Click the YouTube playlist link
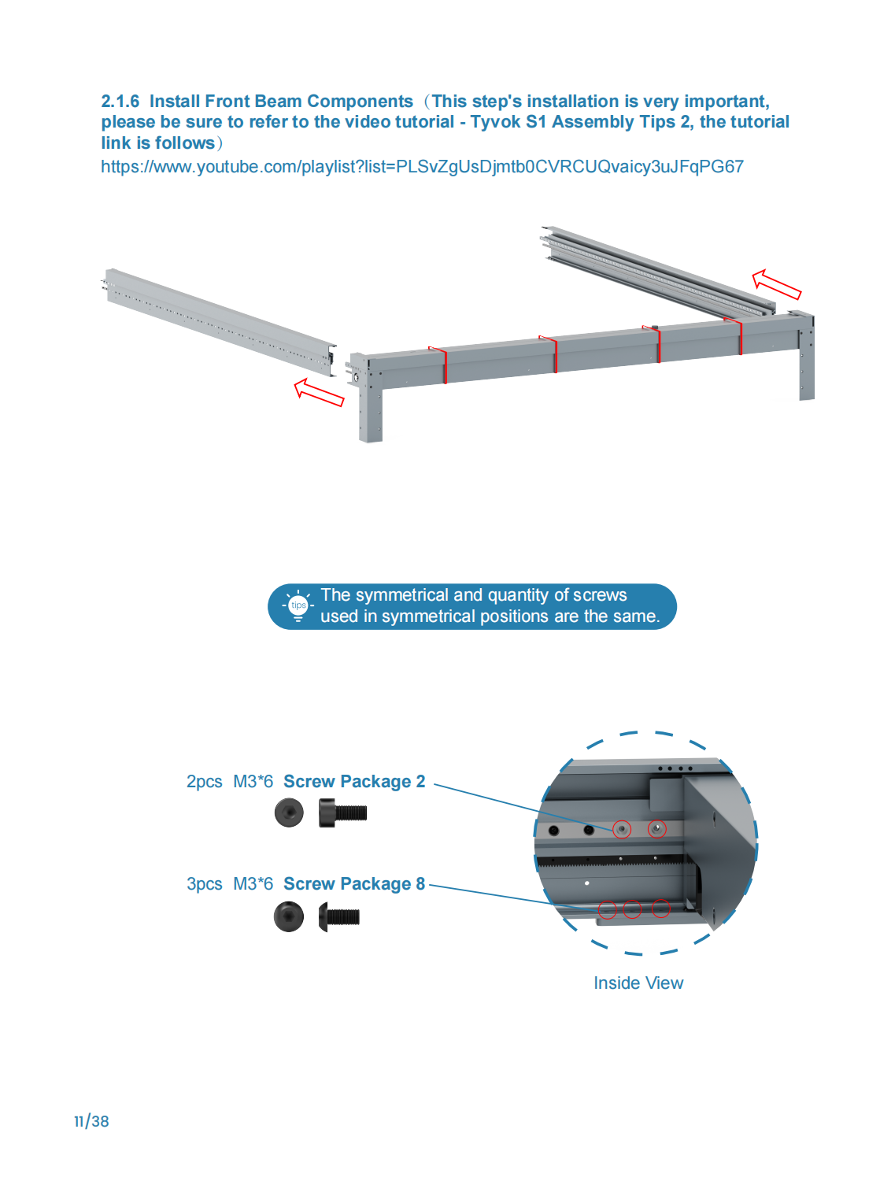pos(422,166)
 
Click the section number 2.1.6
pos(120,101)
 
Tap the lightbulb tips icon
pos(298,606)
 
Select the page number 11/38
pos(92,1121)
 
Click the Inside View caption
pos(638,983)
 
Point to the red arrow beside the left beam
pos(319,392)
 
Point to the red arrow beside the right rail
pos(776,284)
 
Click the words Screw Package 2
pos(354,781)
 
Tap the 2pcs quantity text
pos(204,782)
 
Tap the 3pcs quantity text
pos(204,883)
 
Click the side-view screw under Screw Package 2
pos(342,812)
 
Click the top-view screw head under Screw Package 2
pos(289,812)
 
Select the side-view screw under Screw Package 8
pos(338,916)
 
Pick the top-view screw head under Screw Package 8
pos(289,916)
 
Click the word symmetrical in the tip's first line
pos(401,595)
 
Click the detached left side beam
pos(219,322)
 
